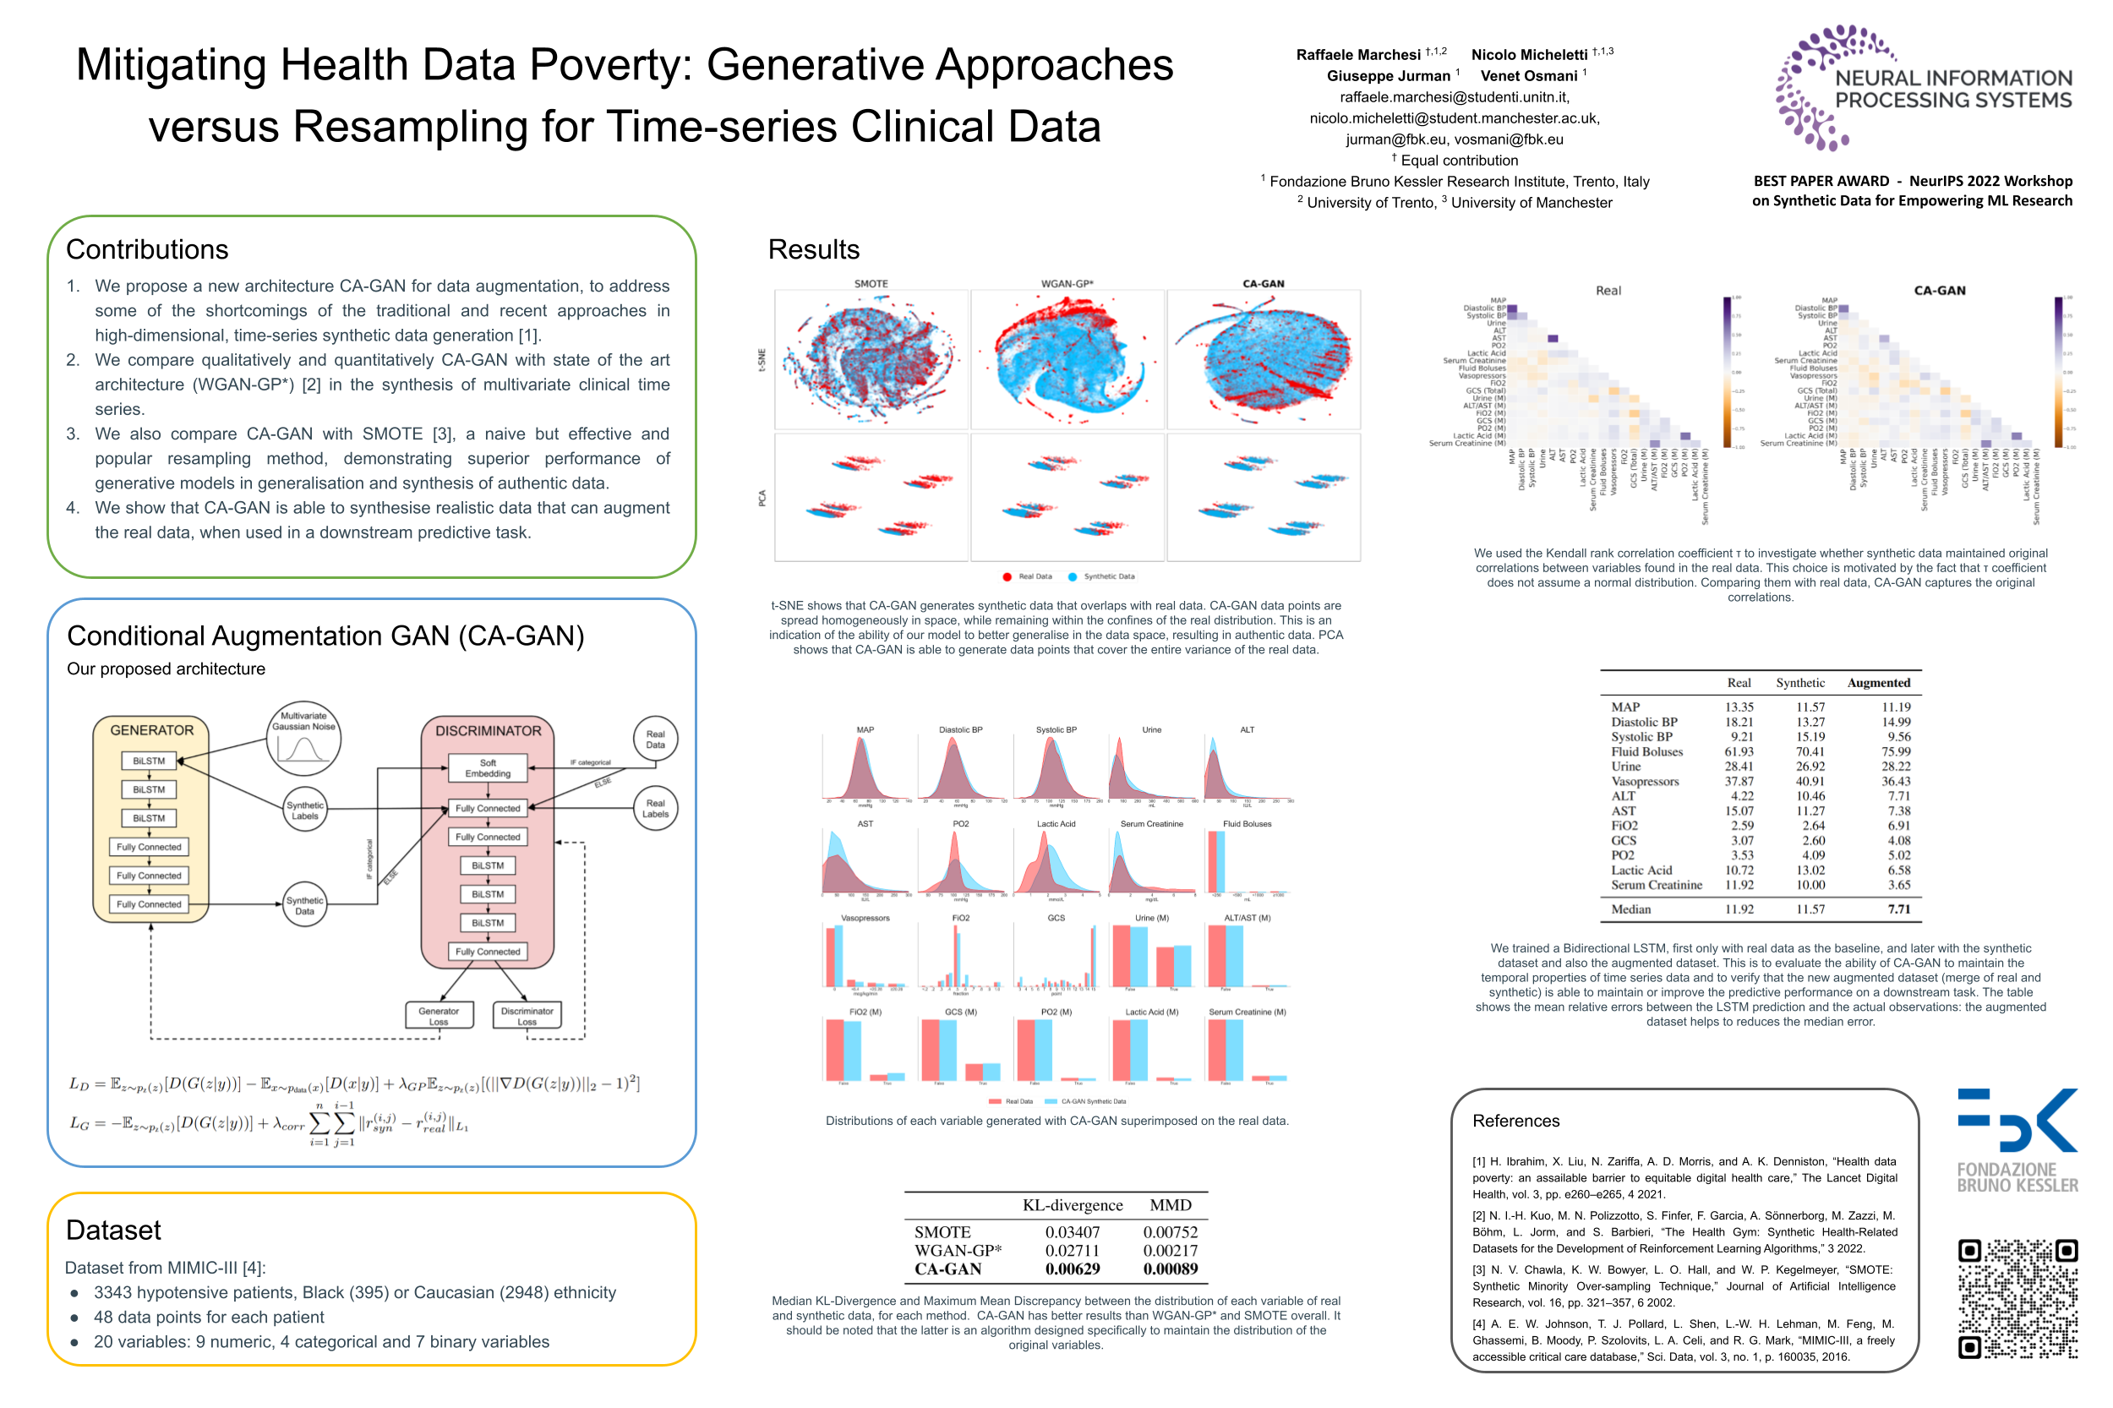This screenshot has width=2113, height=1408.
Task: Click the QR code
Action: click(2017, 1297)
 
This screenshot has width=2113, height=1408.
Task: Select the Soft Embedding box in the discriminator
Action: click(488, 767)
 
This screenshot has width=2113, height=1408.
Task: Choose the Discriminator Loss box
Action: click(527, 1016)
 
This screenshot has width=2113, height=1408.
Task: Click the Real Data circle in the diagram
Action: click(656, 739)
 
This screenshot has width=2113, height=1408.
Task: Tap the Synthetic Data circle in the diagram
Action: click(304, 905)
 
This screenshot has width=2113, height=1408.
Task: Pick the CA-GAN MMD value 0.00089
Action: click(1170, 1269)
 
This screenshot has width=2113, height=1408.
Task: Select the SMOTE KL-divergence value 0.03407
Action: click(1073, 1232)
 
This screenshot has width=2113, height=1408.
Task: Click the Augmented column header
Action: click(1878, 683)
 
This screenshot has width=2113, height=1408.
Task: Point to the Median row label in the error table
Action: click(1630, 909)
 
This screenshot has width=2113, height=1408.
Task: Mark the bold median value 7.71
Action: click(1898, 909)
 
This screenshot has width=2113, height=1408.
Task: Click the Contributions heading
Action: click(147, 249)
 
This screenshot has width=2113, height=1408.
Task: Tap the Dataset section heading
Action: click(113, 1231)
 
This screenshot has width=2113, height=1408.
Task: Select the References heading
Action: click(1515, 1121)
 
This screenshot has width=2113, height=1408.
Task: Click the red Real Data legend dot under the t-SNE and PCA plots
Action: click(1007, 576)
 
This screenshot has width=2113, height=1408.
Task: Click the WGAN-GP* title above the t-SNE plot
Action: click(1067, 284)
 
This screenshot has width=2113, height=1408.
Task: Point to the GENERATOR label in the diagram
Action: click(152, 730)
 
